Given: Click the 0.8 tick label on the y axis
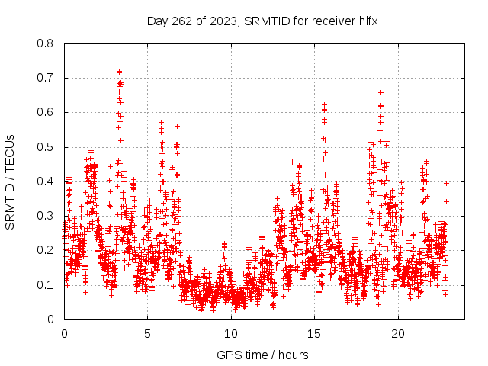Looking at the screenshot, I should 47,43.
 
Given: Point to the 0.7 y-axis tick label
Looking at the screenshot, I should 47,78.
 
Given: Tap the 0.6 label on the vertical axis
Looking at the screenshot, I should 47,112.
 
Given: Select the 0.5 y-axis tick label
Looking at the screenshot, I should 47,146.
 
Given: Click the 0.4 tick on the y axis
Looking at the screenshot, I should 47,181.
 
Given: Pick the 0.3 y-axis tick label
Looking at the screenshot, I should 47,216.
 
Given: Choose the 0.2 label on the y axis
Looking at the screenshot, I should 47,250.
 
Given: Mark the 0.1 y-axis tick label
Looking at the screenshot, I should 47,284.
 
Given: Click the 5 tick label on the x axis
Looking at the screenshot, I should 147,333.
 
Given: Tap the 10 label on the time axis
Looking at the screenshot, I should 231,333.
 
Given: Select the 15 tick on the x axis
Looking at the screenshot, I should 314,333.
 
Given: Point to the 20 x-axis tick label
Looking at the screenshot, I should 398,333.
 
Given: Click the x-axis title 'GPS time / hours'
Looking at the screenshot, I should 262,355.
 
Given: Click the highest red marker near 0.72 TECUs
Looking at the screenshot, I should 120,72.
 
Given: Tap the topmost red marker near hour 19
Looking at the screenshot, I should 380,92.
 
